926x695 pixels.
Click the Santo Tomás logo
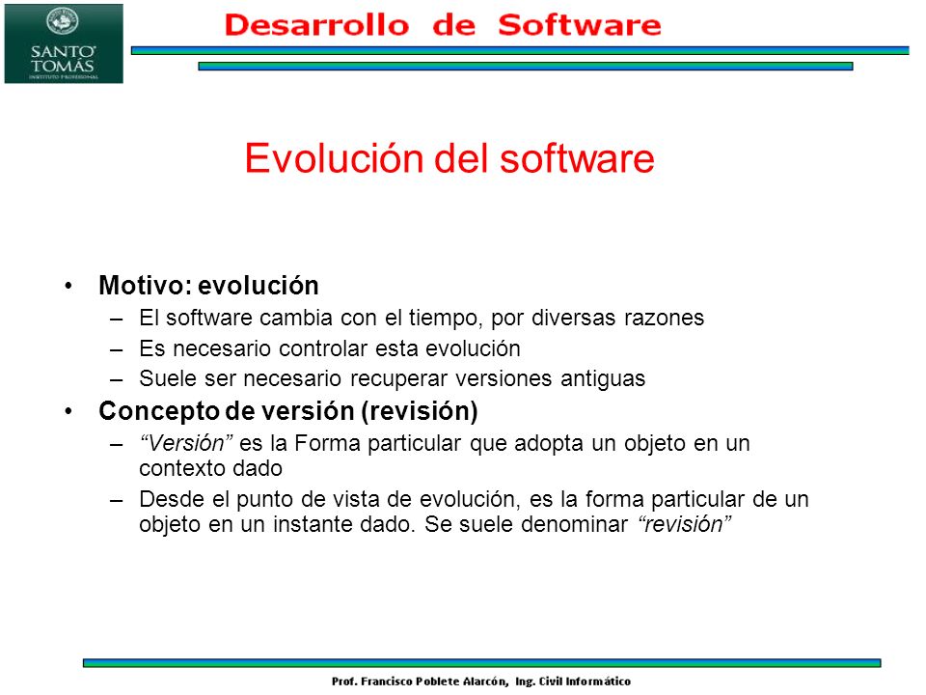[x=64, y=43]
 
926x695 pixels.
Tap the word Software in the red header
[x=580, y=24]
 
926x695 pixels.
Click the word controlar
[x=330, y=348]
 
